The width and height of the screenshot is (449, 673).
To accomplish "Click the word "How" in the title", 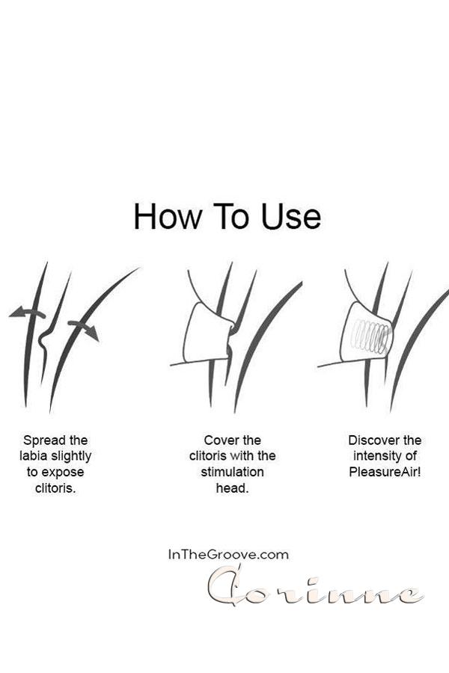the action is pyautogui.click(x=167, y=216).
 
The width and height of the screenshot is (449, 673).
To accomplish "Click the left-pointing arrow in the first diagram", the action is pyautogui.click(x=27, y=312).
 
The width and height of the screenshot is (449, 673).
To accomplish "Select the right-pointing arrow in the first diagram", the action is pyautogui.click(x=84, y=330).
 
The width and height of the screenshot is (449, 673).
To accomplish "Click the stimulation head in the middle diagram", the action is pyautogui.click(x=207, y=333).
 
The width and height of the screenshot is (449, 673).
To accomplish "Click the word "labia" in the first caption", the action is pyautogui.click(x=34, y=456).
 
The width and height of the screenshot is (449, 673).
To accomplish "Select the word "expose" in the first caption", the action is pyautogui.click(x=62, y=473).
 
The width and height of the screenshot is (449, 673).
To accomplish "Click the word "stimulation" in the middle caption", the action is pyautogui.click(x=232, y=472).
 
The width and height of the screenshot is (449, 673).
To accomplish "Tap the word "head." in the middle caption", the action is pyautogui.click(x=232, y=488).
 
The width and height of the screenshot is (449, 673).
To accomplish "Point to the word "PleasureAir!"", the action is pyautogui.click(x=385, y=472).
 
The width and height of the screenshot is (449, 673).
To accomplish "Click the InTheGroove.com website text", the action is pyautogui.click(x=228, y=555).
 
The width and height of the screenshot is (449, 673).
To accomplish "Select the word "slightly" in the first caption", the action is pyautogui.click(x=71, y=456).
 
